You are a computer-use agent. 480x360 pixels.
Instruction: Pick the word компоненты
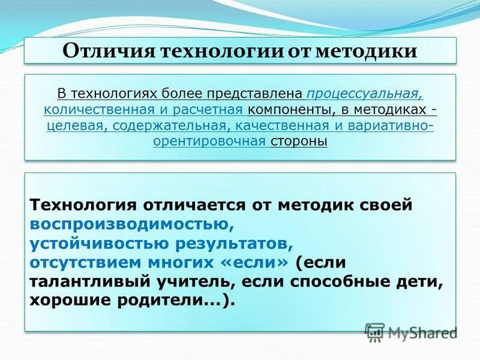click(286, 110)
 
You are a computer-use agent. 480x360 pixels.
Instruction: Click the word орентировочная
click(209, 141)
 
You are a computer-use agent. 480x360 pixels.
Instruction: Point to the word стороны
click(299, 141)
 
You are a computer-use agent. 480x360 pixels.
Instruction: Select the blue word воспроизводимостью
click(127, 224)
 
